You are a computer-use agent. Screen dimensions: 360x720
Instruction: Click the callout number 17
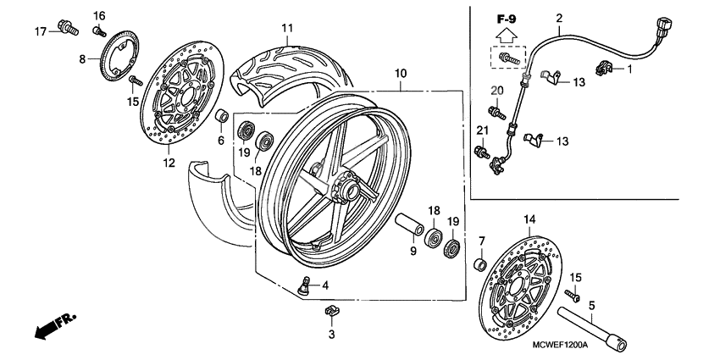pos(39,32)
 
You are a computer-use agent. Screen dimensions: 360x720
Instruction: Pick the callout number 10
pos(400,74)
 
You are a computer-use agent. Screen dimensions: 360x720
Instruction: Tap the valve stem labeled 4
pos(303,285)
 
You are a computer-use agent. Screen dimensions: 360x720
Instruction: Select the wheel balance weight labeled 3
pos(331,312)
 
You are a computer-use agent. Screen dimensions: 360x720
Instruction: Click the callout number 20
pos(496,89)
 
